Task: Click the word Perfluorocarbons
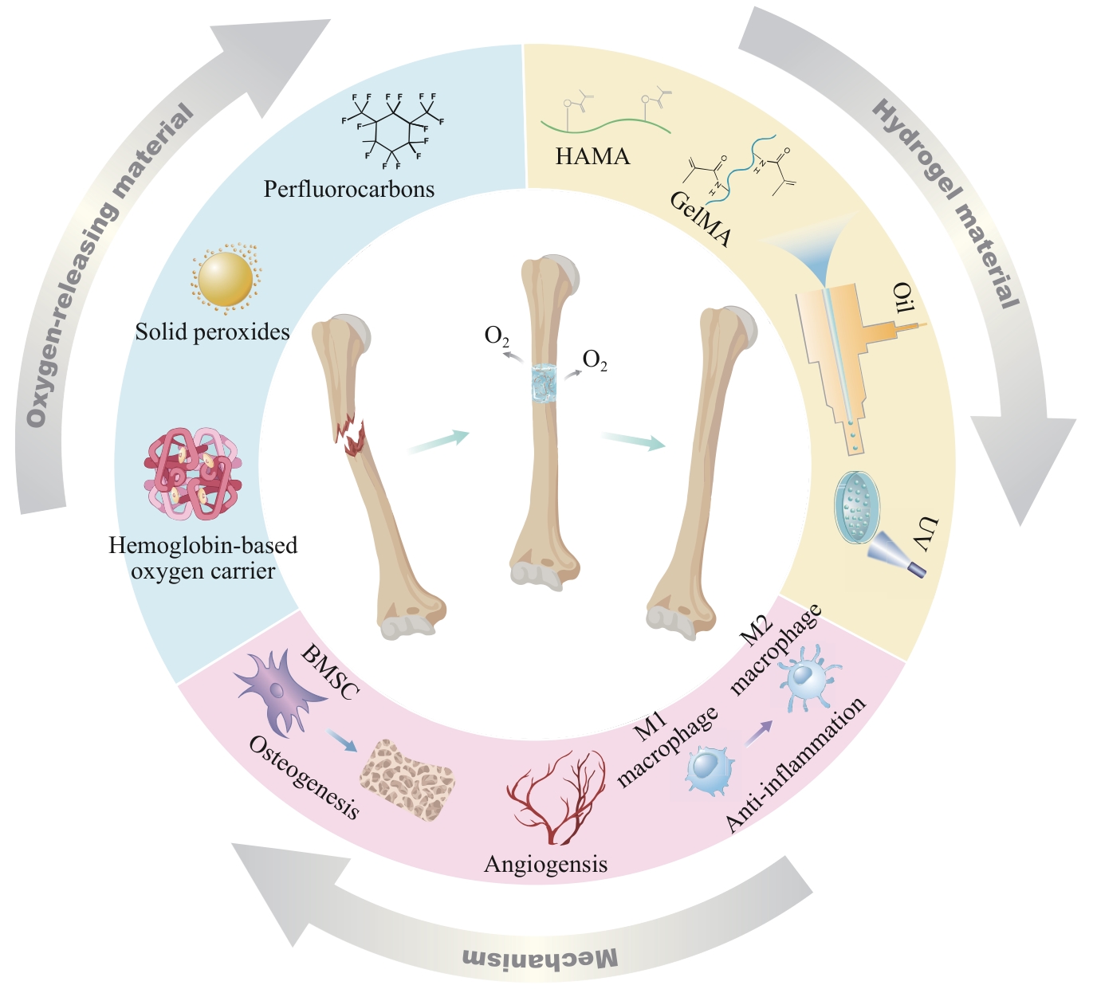349,190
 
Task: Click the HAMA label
592,156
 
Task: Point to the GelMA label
700,219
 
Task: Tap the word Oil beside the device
902,299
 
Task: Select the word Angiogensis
545,864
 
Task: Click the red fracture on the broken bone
350,436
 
